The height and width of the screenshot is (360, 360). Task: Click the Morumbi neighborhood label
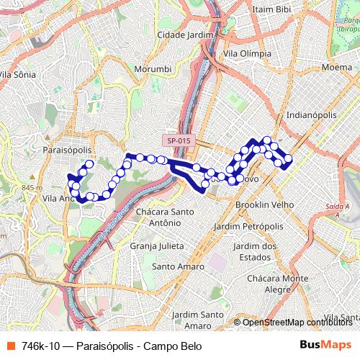pyautogui.click(x=152, y=69)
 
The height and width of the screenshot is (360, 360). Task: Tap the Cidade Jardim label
pyautogui.click(x=186, y=35)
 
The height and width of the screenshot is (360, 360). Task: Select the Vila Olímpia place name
pyautogui.click(x=248, y=53)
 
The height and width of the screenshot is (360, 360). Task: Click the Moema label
pyautogui.click(x=337, y=67)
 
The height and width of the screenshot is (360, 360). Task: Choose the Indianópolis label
pyautogui.click(x=311, y=114)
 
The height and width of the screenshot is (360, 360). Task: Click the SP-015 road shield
pyautogui.click(x=176, y=141)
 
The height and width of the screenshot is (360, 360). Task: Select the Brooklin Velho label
pyautogui.click(x=265, y=204)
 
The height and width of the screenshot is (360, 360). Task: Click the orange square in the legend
pyautogui.click(x=9, y=346)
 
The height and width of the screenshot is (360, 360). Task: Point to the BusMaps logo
pyautogui.click(x=325, y=346)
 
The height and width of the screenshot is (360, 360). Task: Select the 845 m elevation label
pyautogui.click(x=32, y=188)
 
